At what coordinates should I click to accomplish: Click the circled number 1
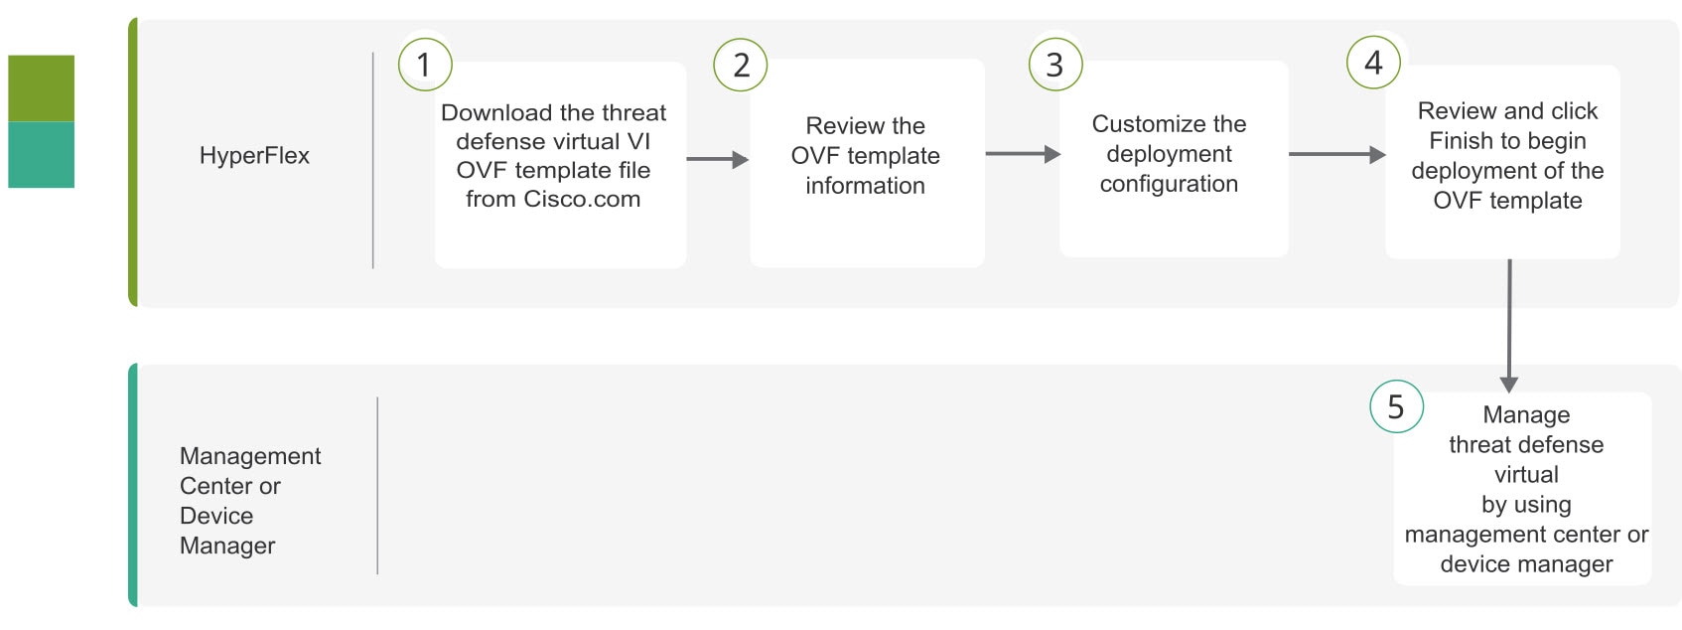[425, 65]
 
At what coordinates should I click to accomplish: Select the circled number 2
[741, 65]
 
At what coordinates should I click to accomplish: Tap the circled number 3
[1055, 65]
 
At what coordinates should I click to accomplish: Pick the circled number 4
[1373, 63]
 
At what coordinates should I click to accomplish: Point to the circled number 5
[1397, 406]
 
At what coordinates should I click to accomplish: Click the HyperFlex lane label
[254, 156]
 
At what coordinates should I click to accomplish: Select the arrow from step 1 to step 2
[718, 159]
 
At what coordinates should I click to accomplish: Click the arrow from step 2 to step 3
[1023, 154]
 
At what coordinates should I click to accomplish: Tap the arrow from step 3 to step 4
[1337, 155]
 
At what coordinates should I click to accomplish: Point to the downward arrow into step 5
[1509, 326]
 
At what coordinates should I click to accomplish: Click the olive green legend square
[42, 88]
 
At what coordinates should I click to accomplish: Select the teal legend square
[42, 155]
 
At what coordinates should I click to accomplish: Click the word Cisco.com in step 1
[582, 199]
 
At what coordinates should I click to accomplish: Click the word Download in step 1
[496, 112]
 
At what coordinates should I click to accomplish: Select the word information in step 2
[865, 186]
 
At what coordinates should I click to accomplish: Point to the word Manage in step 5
[1526, 415]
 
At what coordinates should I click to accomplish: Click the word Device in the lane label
[216, 516]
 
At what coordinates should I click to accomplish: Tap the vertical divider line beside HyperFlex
[373, 160]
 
